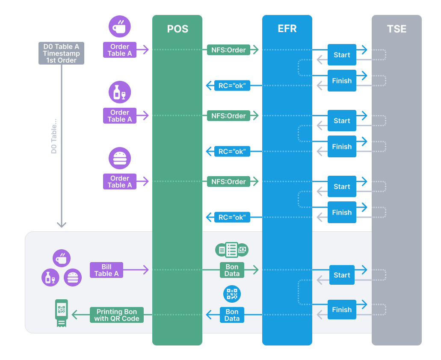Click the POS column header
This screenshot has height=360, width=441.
click(178, 29)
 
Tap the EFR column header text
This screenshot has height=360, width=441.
click(287, 29)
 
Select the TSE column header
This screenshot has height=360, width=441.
click(397, 29)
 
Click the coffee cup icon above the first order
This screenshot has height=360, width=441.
click(119, 27)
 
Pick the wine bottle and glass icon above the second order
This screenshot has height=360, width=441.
click(119, 92)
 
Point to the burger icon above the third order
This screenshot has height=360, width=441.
click(119, 158)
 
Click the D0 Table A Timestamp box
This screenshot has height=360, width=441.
click(61, 53)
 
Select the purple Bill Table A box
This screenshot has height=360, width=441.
click(107, 270)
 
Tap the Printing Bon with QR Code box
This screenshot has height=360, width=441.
click(116, 315)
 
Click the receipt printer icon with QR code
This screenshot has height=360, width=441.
click(62, 313)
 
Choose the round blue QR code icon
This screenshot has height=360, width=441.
click(232, 294)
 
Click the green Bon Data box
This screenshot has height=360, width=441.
click(232, 270)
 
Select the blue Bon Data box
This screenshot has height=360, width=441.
click(232, 315)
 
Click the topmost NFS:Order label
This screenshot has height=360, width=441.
click(228, 50)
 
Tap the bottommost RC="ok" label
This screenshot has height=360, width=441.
click(232, 217)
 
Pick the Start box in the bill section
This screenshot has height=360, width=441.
click(342, 275)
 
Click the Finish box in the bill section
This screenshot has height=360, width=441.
click(342, 310)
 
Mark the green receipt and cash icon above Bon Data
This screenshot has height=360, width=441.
click(232, 249)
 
